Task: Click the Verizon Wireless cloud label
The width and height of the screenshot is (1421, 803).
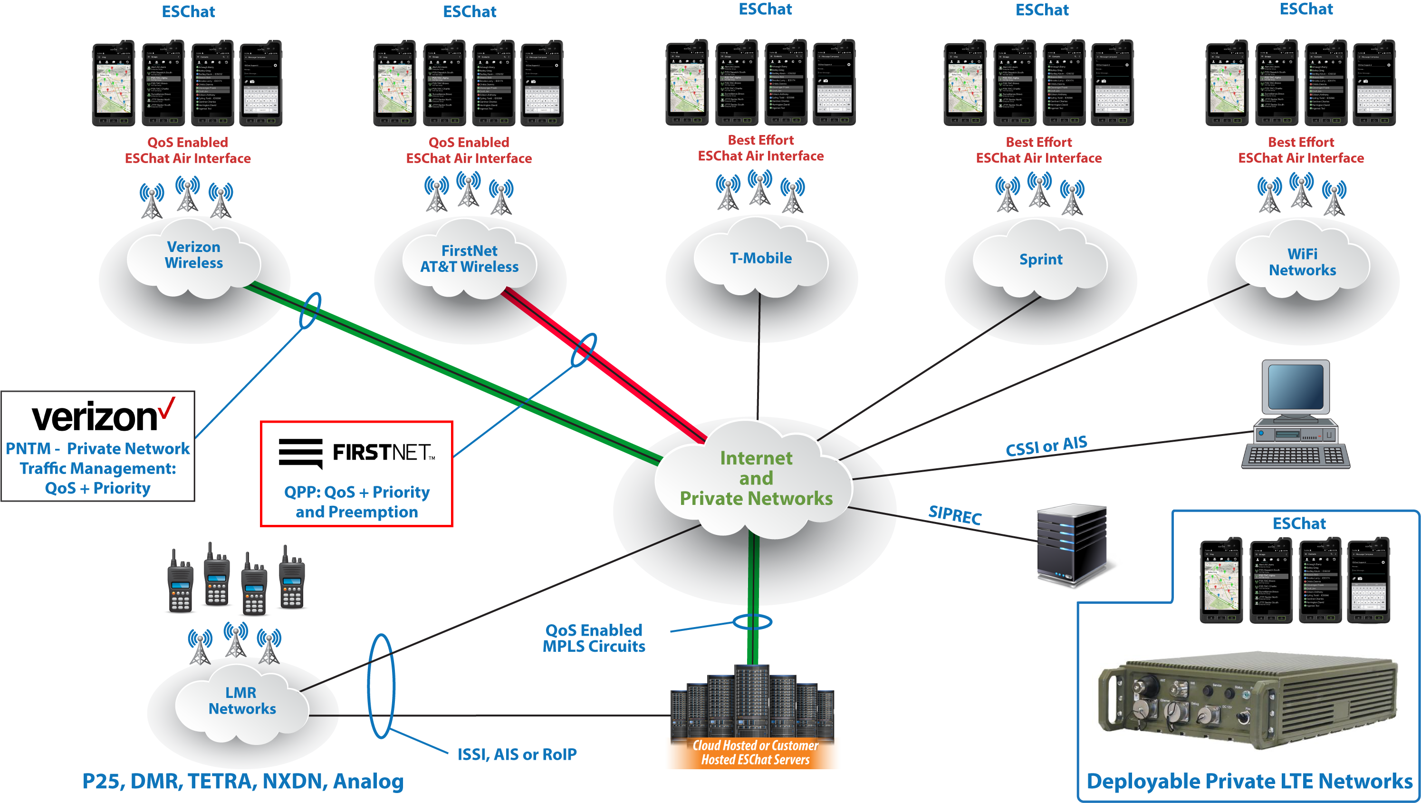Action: [x=193, y=255]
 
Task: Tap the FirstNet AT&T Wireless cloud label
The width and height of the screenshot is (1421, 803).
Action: [x=470, y=259]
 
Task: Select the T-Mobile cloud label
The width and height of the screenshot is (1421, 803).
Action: [x=761, y=258]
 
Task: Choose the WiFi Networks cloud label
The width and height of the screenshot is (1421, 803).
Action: [x=1302, y=262]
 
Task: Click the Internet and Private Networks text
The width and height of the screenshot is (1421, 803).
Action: [x=756, y=478]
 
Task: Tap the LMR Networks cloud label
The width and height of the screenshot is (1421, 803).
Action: [x=241, y=700]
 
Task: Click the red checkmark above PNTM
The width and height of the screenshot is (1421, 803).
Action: [x=166, y=408]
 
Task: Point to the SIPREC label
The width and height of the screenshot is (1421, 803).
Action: [x=955, y=515]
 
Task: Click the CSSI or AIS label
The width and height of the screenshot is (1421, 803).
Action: [x=1046, y=446]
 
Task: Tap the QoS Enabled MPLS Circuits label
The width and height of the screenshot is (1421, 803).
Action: [x=594, y=638]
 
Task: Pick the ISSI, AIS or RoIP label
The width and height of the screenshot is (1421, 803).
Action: [x=517, y=755]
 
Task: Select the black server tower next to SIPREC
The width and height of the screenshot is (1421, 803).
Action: [x=1071, y=545]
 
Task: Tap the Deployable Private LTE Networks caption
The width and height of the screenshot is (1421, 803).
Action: [x=1249, y=782]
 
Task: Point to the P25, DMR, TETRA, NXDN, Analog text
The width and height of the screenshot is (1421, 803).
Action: [x=243, y=782]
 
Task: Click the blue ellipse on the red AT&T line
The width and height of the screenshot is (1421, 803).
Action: [x=583, y=350]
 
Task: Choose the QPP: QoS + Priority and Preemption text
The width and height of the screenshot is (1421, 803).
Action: [x=357, y=502]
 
